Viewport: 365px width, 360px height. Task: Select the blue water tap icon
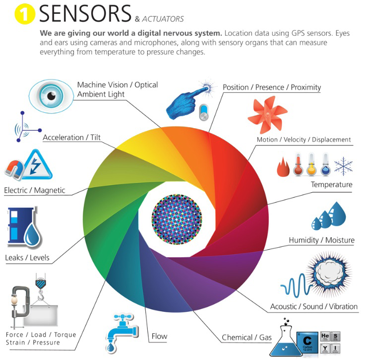(x=121, y=330)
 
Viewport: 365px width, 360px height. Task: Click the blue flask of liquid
(x=285, y=343)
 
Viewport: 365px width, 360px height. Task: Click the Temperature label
(x=331, y=185)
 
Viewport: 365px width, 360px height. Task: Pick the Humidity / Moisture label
(x=321, y=240)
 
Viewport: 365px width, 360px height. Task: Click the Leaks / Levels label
(x=27, y=258)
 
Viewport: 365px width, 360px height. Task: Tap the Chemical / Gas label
(x=246, y=338)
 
